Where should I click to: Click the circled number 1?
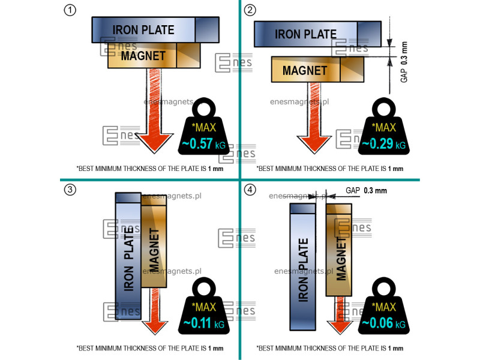71,10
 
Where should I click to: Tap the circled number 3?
71,190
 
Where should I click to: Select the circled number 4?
250,190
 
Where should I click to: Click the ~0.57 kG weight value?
202,143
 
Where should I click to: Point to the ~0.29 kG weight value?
382,144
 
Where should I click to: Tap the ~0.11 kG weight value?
202,324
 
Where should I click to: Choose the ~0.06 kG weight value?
382,324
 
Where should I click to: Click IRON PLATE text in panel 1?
143,29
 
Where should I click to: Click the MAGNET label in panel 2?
305,70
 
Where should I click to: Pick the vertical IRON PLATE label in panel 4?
303,264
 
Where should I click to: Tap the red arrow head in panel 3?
155,326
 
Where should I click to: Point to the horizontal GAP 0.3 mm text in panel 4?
366,190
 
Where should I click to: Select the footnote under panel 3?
150,348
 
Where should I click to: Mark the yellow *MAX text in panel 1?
204,127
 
